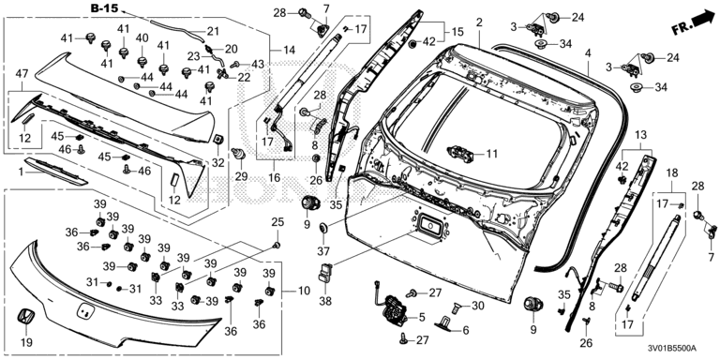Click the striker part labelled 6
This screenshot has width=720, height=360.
(445, 322)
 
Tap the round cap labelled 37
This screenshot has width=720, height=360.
(324, 227)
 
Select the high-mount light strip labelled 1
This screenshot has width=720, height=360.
(56, 171)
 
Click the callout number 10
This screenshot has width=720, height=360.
(304, 291)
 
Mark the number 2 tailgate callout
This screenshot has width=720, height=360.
(479, 22)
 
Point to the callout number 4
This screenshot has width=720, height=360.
(588, 53)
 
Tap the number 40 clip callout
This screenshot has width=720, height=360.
(142, 37)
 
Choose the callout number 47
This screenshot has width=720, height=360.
(22, 73)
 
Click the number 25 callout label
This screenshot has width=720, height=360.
(277, 222)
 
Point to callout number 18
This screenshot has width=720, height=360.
(672, 173)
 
